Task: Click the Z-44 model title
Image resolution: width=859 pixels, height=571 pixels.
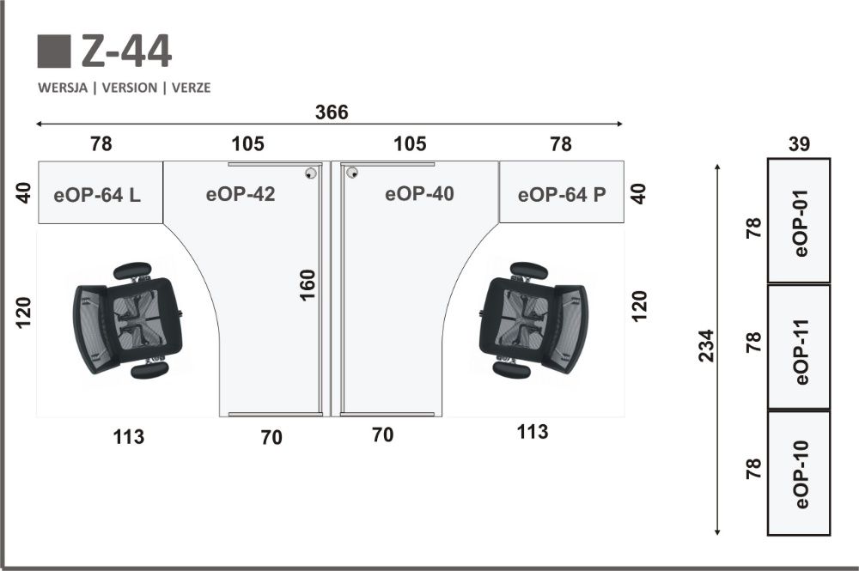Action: click(126, 52)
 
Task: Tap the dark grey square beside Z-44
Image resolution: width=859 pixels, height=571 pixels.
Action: click(54, 52)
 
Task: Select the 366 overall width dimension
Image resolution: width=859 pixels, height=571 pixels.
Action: click(332, 112)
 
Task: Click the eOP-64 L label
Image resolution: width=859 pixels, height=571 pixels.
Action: click(97, 195)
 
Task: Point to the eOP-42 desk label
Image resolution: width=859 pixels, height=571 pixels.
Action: click(241, 194)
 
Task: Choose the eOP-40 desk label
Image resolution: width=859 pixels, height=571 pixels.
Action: click(420, 194)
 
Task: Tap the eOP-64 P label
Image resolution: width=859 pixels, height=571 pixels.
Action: click(562, 194)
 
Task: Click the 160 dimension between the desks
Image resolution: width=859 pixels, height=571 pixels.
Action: click(308, 285)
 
